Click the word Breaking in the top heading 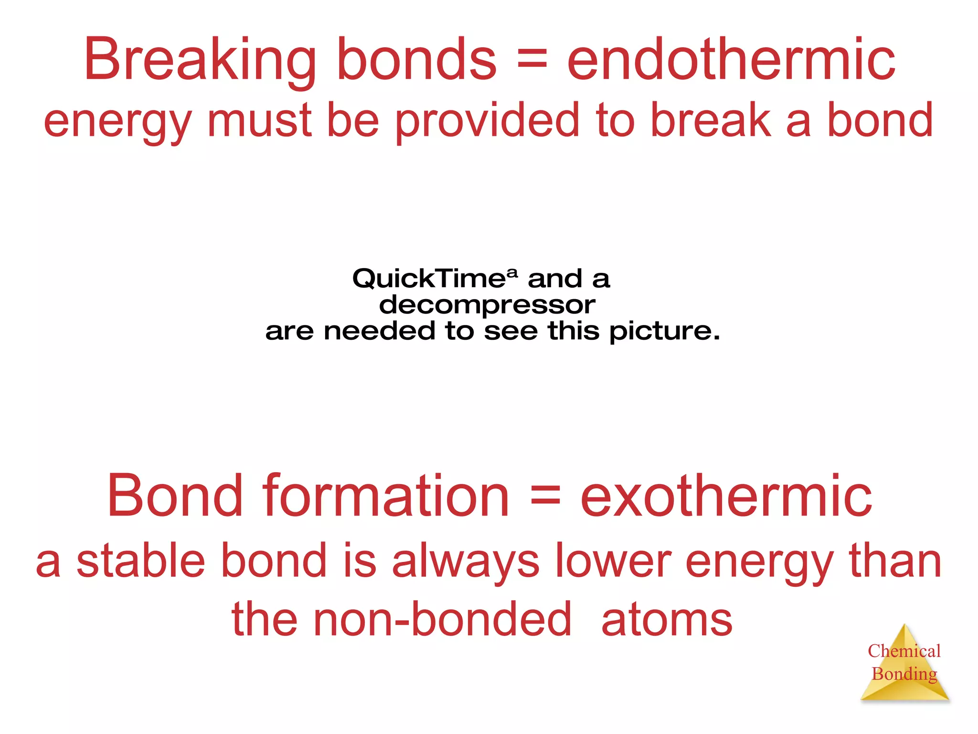click(x=200, y=60)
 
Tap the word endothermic click(x=731, y=60)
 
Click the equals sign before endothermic click(x=532, y=61)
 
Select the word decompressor click(x=487, y=304)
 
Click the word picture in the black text click(x=664, y=331)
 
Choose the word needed click(x=380, y=331)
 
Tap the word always click(x=466, y=562)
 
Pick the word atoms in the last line click(x=667, y=620)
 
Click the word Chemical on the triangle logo click(x=904, y=651)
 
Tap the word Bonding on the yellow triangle click(x=904, y=674)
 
